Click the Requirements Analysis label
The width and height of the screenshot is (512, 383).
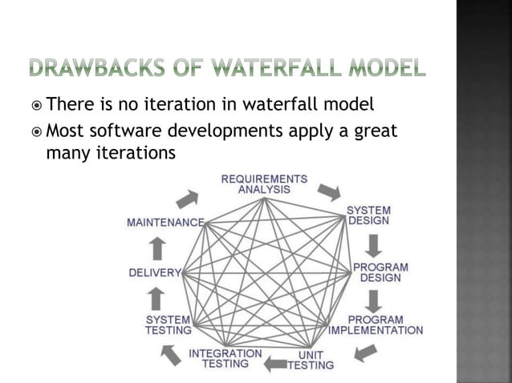click(264, 183)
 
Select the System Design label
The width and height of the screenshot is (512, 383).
click(368, 216)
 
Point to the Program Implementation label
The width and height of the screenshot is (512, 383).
click(376, 325)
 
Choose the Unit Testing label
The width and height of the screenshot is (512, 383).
click(311, 360)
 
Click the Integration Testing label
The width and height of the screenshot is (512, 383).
click(225, 358)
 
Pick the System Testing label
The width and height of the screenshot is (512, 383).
click(169, 325)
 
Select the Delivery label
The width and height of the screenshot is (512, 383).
click(155, 272)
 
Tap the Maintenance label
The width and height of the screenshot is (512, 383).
click(165, 222)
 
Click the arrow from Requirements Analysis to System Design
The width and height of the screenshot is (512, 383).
click(328, 192)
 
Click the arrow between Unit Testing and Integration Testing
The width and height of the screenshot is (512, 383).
click(275, 365)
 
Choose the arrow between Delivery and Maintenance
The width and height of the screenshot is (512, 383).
click(158, 248)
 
